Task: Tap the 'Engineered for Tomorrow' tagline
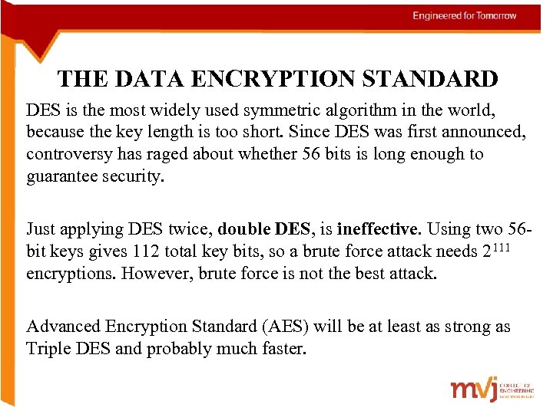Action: point(464,15)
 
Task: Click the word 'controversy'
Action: point(68,154)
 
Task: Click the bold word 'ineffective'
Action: point(378,228)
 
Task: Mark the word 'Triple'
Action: point(49,348)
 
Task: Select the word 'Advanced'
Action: point(64,327)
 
